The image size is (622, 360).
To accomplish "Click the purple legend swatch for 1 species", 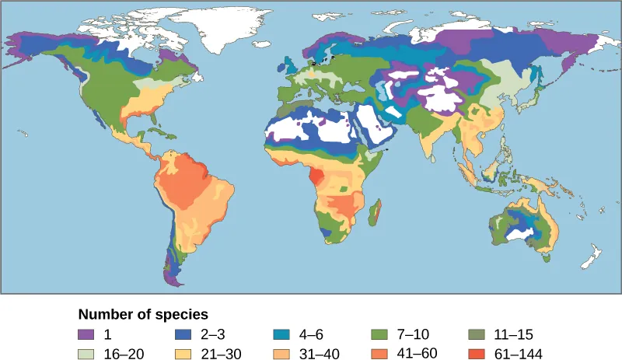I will coord(87,335).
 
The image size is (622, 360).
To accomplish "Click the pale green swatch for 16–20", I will coord(87,352).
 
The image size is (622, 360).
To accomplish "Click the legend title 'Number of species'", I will coord(143,316).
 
